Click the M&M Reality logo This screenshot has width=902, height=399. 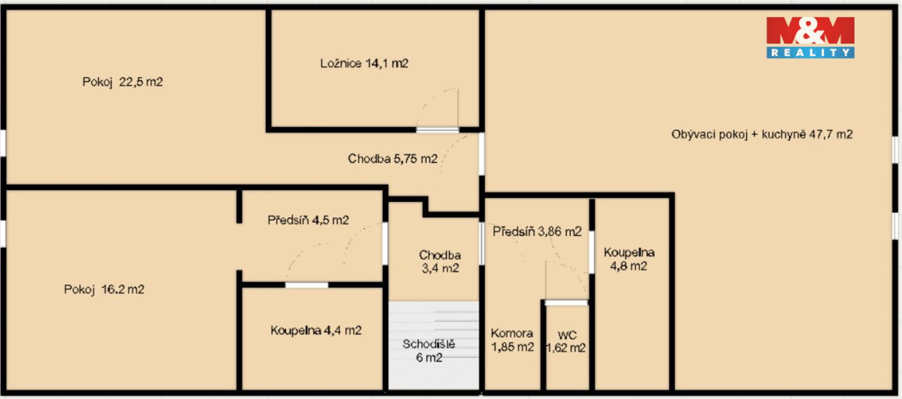coord(810,38)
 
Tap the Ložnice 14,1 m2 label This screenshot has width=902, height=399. coord(364,63)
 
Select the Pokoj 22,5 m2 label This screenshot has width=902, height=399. coord(123,82)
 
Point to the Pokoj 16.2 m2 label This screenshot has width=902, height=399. coord(104,289)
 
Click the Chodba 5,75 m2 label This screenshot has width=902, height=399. coord(393,159)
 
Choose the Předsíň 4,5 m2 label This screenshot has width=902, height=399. coord(308,220)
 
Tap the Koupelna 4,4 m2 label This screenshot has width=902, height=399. coord(316,330)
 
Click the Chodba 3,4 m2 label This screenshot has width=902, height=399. coord(440,261)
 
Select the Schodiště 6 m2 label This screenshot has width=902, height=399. coord(429,351)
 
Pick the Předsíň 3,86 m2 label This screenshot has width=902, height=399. coord(537,231)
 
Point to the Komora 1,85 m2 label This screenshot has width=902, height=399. coord(512,340)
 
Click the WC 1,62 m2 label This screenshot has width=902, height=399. coord(566,342)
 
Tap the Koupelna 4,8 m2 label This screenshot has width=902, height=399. coord(629,259)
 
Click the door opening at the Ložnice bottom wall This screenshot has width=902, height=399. coord(437,130)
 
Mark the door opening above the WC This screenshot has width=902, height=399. coord(566,303)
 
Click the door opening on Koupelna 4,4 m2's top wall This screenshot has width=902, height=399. coord(307,285)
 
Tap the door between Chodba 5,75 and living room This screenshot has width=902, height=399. coord(482,154)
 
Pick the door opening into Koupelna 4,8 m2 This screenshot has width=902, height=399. coord(592,252)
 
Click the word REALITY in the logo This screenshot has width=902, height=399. coord(810,53)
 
